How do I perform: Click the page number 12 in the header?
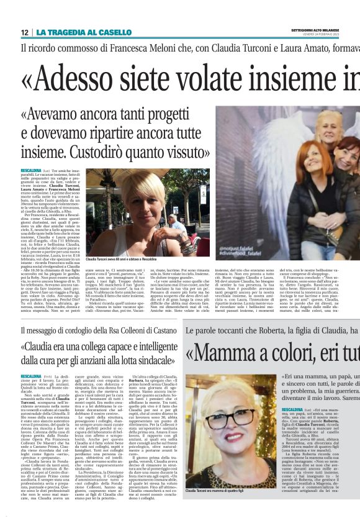click(25, 32)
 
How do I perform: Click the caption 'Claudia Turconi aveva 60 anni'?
click(120, 258)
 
